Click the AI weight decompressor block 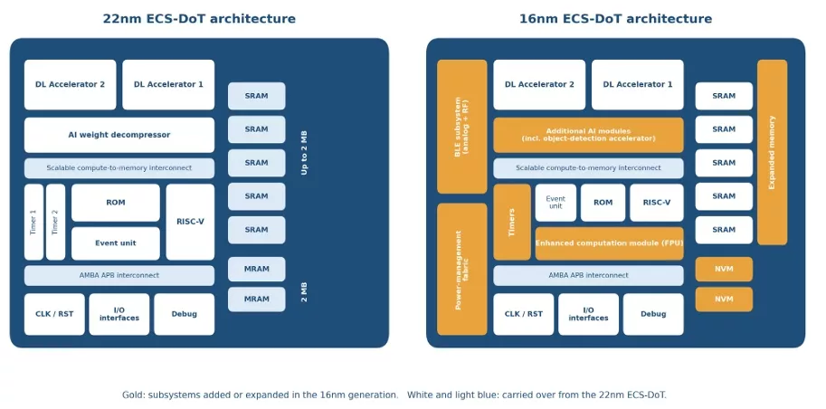[x=119, y=135]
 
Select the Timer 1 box [x=33, y=222]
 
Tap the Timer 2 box [x=55, y=222]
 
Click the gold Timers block [x=512, y=222]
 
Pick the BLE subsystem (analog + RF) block [x=462, y=127]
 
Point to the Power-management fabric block [x=462, y=270]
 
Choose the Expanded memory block [x=773, y=152]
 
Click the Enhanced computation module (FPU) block [x=610, y=243]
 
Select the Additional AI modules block [x=588, y=135]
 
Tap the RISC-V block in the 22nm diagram [x=190, y=222]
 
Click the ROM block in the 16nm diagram [x=603, y=203]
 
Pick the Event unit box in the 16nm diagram [x=555, y=203]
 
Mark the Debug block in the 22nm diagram [x=185, y=314]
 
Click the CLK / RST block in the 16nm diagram [x=524, y=314]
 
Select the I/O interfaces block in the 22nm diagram [x=119, y=314]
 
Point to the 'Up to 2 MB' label [x=304, y=153]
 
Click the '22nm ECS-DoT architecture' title [x=199, y=19]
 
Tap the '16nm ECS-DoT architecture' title [x=616, y=19]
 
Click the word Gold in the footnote [x=131, y=395]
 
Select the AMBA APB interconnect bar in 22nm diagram [x=119, y=275]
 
